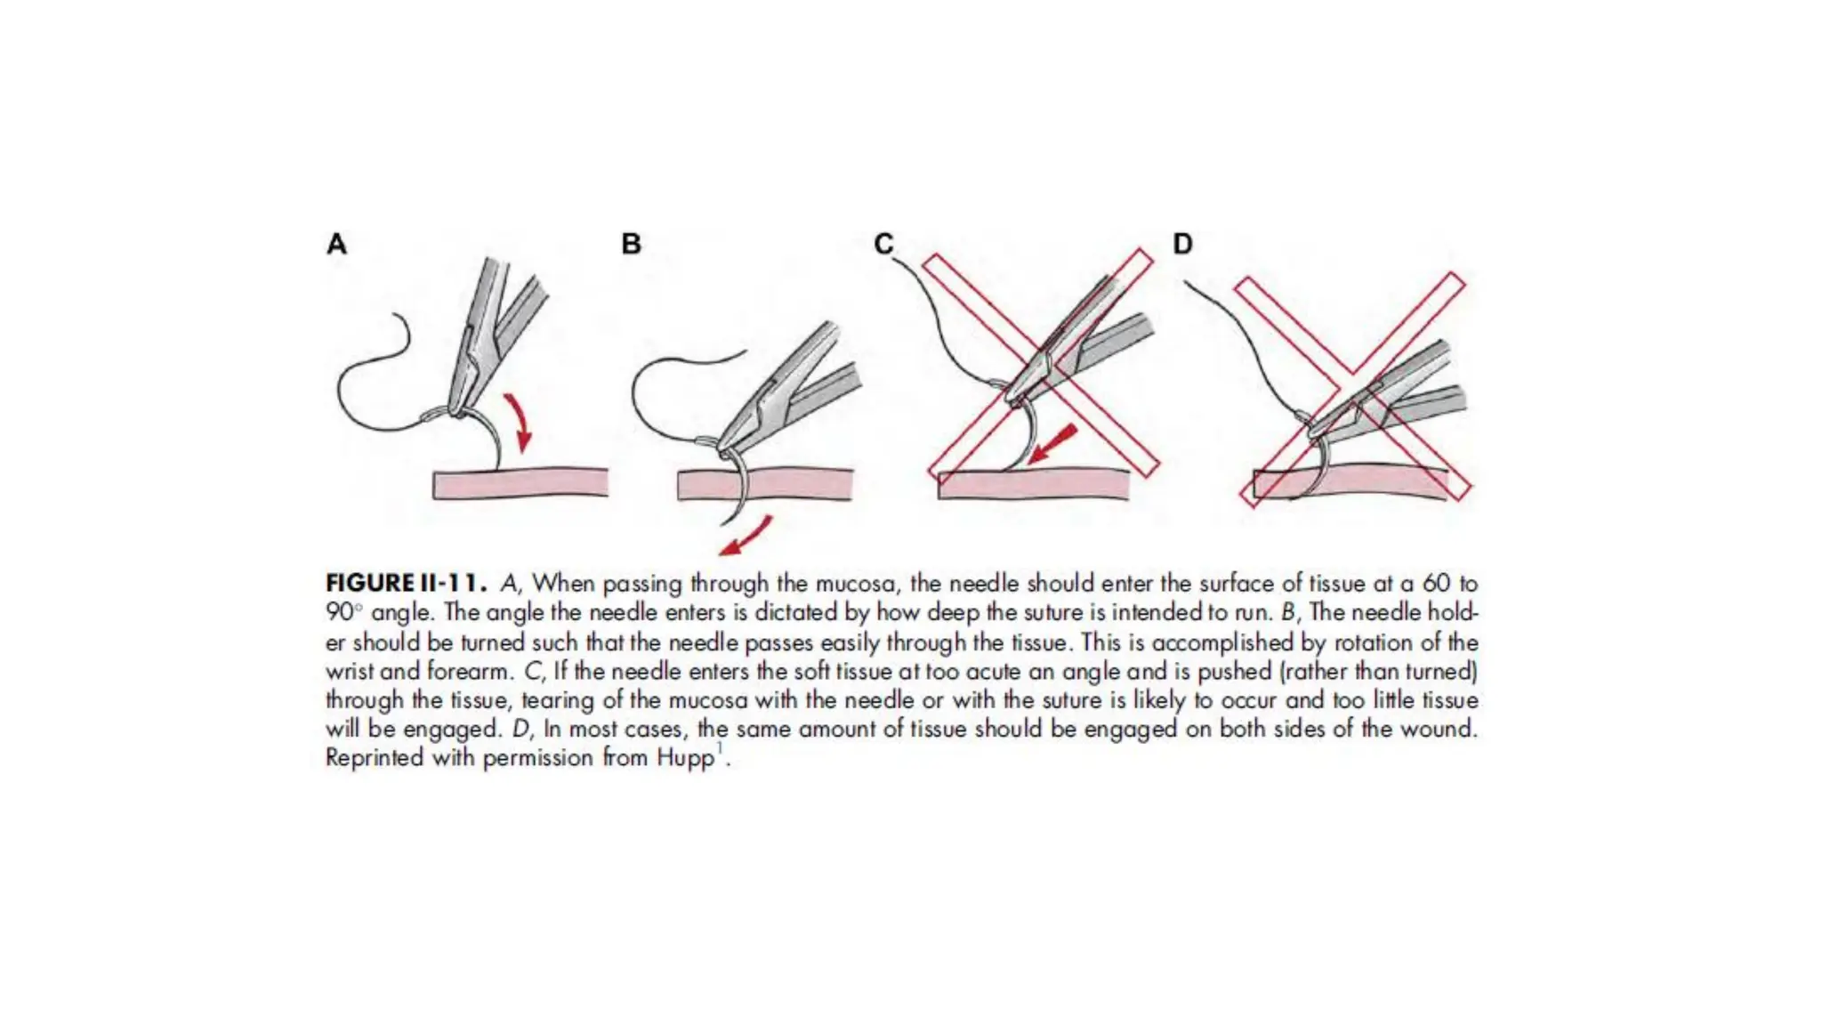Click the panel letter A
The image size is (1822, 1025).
coord(336,244)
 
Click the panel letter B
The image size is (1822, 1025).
coord(631,244)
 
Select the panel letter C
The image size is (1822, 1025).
coord(883,244)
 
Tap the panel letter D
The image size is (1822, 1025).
coord(1182,244)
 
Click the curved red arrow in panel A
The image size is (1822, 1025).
coord(518,422)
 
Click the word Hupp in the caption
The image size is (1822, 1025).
coord(685,759)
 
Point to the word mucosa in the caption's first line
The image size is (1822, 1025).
coord(854,585)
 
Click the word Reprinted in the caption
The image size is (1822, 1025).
coord(374,759)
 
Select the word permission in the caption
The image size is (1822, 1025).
coord(538,759)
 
